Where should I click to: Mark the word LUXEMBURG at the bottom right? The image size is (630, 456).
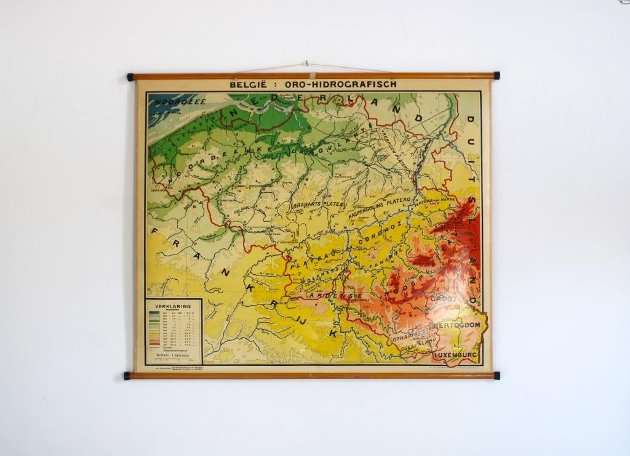click(456, 356)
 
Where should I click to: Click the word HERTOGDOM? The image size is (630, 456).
click(457, 324)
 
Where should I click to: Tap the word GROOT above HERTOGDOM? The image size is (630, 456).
click(444, 299)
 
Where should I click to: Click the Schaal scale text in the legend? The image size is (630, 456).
click(173, 356)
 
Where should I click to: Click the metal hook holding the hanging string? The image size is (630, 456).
click(306, 63)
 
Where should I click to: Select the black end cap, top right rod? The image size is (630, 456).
click(496, 76)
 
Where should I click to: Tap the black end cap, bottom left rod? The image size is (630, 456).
click(127, 375)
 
